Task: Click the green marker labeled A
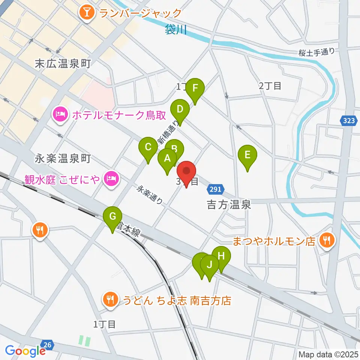click(x=167, y=159)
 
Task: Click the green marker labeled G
click(x=113, y=217)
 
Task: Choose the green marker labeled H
click(x=221, y=256)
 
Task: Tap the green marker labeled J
click(x=210, y=265)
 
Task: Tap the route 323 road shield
click(x=347, y=121)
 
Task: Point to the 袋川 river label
click(x=175, y=30)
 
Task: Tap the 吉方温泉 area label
click(x=228, y=205)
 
